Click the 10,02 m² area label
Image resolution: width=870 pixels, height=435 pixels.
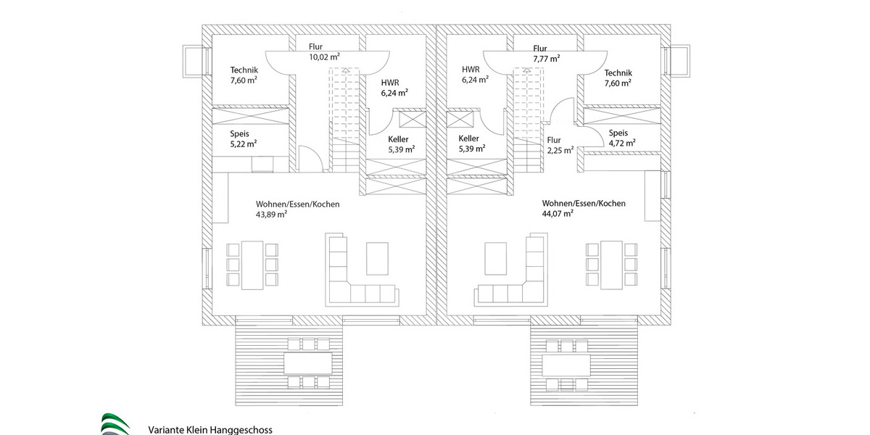point(325,57)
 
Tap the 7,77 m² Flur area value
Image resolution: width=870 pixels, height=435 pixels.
point(546,59)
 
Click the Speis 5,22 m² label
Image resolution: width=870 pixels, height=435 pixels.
point(243,138)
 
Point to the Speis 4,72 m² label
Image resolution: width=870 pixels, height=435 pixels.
point(621,138)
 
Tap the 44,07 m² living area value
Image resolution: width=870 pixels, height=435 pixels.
point(558,214)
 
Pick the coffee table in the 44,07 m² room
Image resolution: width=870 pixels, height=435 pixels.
point(497,259)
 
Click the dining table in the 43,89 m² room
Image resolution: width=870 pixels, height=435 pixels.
point(252,265)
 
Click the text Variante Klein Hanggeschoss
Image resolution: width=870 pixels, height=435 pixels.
point(210,429)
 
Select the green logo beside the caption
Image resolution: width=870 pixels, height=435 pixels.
point(115,423)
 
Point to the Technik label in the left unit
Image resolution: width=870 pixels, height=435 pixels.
point(244,70)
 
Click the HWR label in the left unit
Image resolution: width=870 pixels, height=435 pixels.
point(389,83)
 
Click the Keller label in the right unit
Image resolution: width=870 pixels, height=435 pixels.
point(469,138)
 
